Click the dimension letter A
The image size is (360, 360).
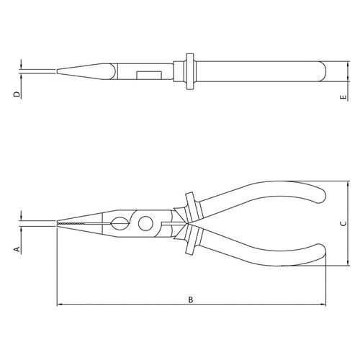coord(17,249)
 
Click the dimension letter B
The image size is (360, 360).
coord(191,300)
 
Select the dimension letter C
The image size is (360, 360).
coord(343,223)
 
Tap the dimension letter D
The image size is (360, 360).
coord(17,94)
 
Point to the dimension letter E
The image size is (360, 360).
coord(343,97)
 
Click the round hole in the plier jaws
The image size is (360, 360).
coord(145,223)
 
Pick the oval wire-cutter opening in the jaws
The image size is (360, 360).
coord(119,223)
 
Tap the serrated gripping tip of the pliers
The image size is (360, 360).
coord(70,223)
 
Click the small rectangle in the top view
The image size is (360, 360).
coord(149,75)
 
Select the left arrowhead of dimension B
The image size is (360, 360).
coord(59,305)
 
